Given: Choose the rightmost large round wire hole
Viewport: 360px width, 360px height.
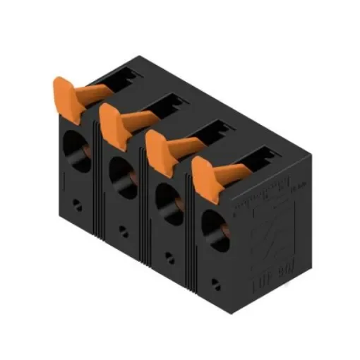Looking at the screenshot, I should click(212, 228).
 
